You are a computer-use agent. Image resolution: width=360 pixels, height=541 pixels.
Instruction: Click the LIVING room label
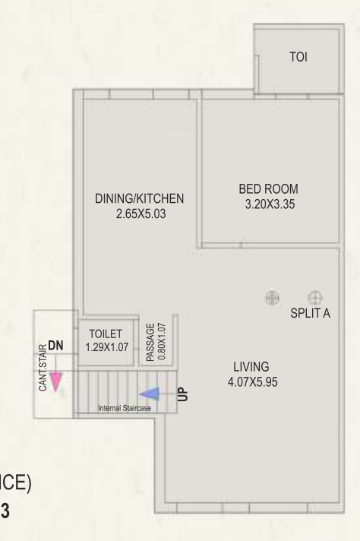251,366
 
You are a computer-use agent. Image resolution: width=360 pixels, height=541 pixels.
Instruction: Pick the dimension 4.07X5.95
251,381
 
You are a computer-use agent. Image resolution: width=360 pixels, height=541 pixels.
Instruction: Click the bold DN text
55,346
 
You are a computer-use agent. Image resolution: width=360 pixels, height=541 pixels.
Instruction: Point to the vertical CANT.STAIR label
43,368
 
